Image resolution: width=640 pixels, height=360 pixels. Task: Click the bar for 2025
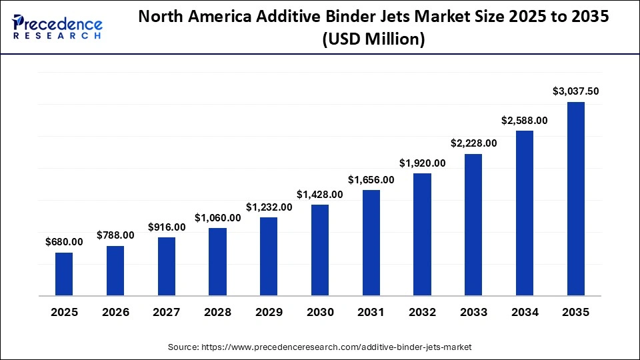pos(64,274)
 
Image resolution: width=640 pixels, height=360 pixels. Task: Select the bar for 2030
pos(320,250)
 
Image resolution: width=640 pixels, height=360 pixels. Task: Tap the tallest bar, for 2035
pos(575,199)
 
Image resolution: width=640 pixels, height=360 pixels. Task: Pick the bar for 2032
pos(422,235)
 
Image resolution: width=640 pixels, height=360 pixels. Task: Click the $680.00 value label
pos(64,241)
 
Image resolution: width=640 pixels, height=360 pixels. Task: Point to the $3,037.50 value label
pos(576,91)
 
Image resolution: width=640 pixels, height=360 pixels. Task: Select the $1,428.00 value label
pos(320,194)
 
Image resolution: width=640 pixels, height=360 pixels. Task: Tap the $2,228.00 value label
pos(473,143)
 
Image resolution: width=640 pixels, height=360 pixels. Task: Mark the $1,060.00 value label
pos(217,217)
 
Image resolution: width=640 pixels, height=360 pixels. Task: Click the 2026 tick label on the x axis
pos(115,313)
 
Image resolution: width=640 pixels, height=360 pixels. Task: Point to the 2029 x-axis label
pos(269,313)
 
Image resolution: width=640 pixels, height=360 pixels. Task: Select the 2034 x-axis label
pos(525,313)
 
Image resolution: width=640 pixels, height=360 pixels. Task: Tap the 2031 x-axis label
pos(371,313)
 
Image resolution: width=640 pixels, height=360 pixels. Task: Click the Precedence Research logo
pos(57,27)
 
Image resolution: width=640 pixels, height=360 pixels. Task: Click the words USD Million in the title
pos(373,40)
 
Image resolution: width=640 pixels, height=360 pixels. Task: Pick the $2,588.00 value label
pos(525,120)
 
